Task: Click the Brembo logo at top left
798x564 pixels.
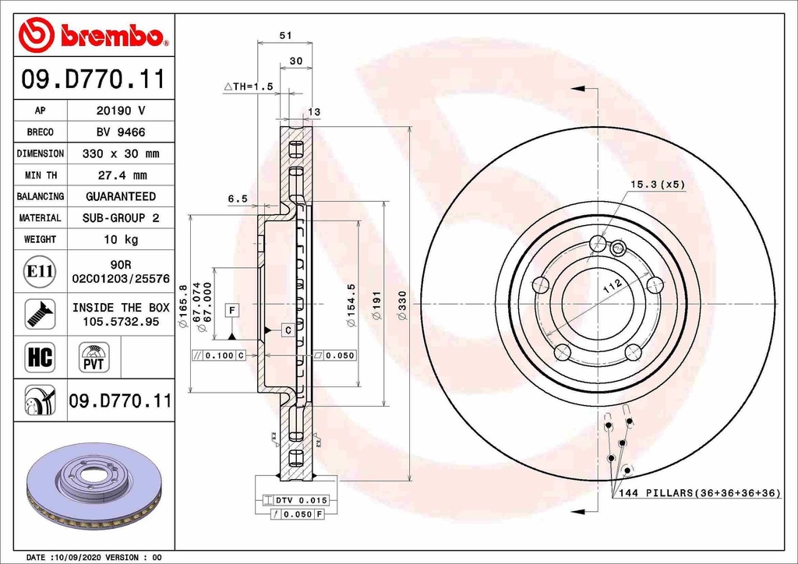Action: pos(94,35)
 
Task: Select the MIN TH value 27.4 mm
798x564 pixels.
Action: pos(121,175)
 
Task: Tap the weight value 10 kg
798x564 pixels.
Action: pos(121,239)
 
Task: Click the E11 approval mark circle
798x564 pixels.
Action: pos(40,272)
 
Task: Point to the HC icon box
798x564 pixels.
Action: pos(40,358)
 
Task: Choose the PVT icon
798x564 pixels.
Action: pos(94,358)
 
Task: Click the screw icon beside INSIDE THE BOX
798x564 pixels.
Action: pos(40,314)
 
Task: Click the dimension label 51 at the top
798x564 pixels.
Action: pos(285,35)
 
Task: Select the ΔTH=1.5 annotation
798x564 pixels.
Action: pos(248,87)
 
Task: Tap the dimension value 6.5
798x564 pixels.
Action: pos(237,199)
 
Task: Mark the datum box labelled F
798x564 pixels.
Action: pos(231,310)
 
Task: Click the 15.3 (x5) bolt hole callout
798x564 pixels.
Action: pos(656,185)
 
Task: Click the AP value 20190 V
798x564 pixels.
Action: pos(121,111)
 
